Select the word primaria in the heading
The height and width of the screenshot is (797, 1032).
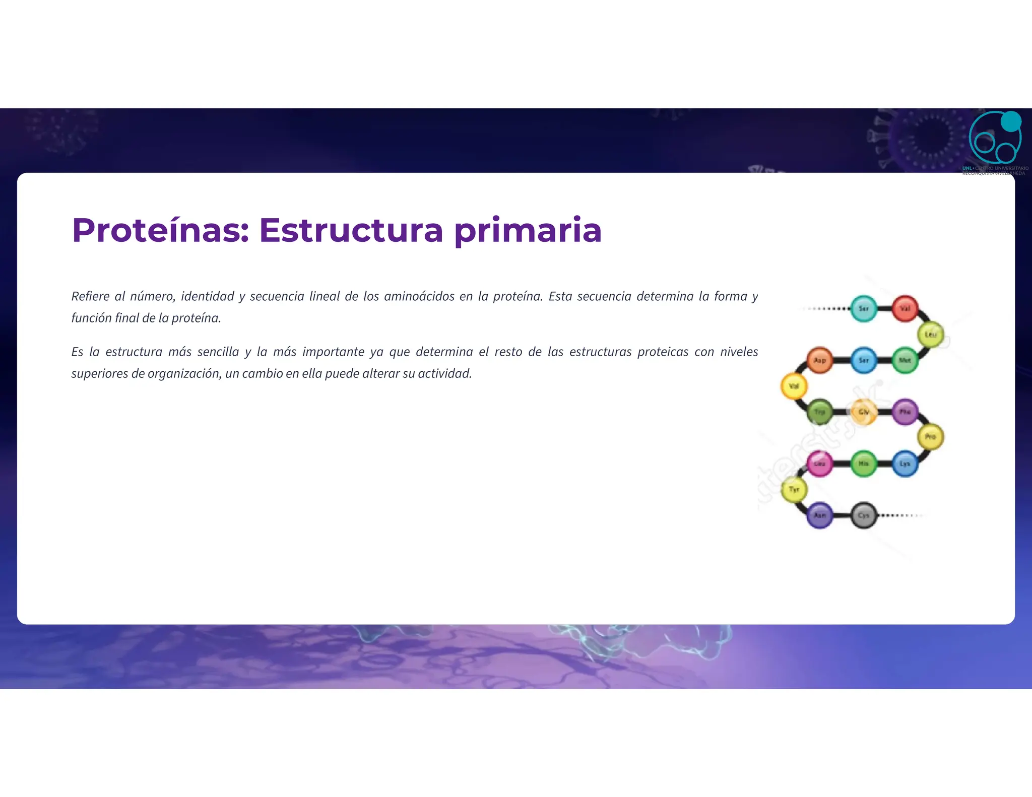click(x=528, y=230)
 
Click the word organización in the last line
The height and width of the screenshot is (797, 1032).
click(x=184, y=373)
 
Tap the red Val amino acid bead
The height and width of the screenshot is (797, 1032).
click(x=905, y=308)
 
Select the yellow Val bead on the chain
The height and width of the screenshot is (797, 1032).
click(x=794, y=386)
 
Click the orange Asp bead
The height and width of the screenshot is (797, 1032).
click(x=820, y=360)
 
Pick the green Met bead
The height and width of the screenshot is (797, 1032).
click(x=905, y=360)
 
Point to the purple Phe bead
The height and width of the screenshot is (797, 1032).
click(x=905, y=412)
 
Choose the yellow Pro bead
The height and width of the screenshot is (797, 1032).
click(x=930, y=437)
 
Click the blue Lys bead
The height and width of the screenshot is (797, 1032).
click(x=905, y=463)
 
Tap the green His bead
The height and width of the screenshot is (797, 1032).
click(x=864, y=463)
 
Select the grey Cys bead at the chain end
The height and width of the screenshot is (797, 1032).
click(x=864, y=515)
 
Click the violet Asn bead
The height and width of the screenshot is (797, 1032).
click(x=820, y=515)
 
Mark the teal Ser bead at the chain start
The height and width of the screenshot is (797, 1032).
click(x=864, y=308)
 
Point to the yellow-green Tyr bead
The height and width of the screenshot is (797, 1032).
click(x=794, y=490)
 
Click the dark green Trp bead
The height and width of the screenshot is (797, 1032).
click(x=820, y=412)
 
